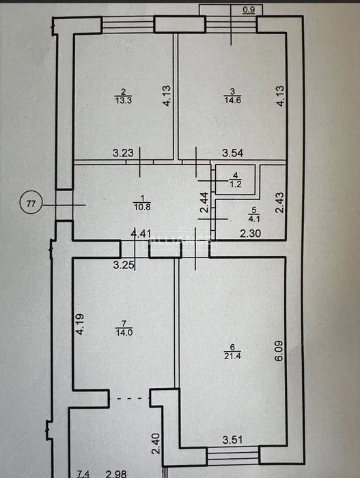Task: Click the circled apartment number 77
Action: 31,203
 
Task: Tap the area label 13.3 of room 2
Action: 124,100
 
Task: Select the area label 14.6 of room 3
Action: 232,100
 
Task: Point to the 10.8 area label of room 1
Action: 142,207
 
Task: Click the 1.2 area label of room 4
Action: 236,184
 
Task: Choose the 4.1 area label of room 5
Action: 254,219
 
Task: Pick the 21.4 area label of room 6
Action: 232,356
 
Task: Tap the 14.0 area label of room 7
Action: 124,333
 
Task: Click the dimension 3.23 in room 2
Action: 123,152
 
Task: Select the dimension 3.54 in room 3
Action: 233,153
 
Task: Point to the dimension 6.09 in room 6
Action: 279,350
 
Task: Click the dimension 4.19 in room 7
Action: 80,324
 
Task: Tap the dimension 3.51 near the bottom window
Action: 233,440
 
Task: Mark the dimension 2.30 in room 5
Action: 251,234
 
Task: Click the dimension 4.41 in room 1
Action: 141,234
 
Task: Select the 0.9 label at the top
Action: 249,10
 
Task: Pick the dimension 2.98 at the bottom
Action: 116,474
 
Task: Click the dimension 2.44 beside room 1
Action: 204,202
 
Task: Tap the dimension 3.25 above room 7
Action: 124,265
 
